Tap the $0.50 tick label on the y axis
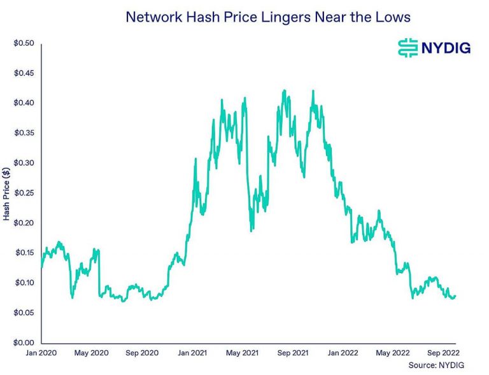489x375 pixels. click(x=25, y=43)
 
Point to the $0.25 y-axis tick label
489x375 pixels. click(x=25, y=193)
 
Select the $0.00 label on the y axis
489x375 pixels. click(x=25, y=343)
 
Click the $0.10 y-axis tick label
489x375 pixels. click(x=25, y=283)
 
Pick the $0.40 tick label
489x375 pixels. click(x=25, y=103)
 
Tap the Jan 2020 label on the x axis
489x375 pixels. click(x=42, y=351)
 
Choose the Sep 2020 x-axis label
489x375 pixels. click(x=141, y=351)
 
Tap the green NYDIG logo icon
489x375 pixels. click(x=407, y=48)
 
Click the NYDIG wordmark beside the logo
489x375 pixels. click(x=444, y=48)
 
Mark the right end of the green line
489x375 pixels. click(x=455, y=295)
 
